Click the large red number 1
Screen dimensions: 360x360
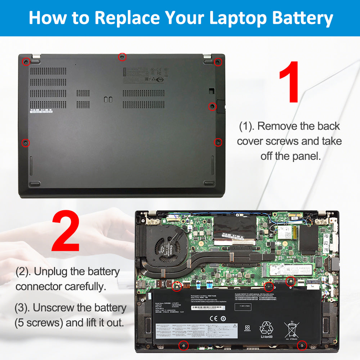click(289, 82)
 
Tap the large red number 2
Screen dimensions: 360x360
click(66, 233)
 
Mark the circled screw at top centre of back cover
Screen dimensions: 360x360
click(122, 57)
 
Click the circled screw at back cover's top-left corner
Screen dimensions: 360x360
click(26, 62)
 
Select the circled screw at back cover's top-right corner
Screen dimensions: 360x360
click(217, 62)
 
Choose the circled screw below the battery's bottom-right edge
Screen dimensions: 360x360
click(302, 346)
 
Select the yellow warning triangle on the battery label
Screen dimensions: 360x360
click(235, 325)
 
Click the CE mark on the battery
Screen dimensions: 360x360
click(214, 319)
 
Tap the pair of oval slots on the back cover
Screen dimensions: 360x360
click(108, 99)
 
